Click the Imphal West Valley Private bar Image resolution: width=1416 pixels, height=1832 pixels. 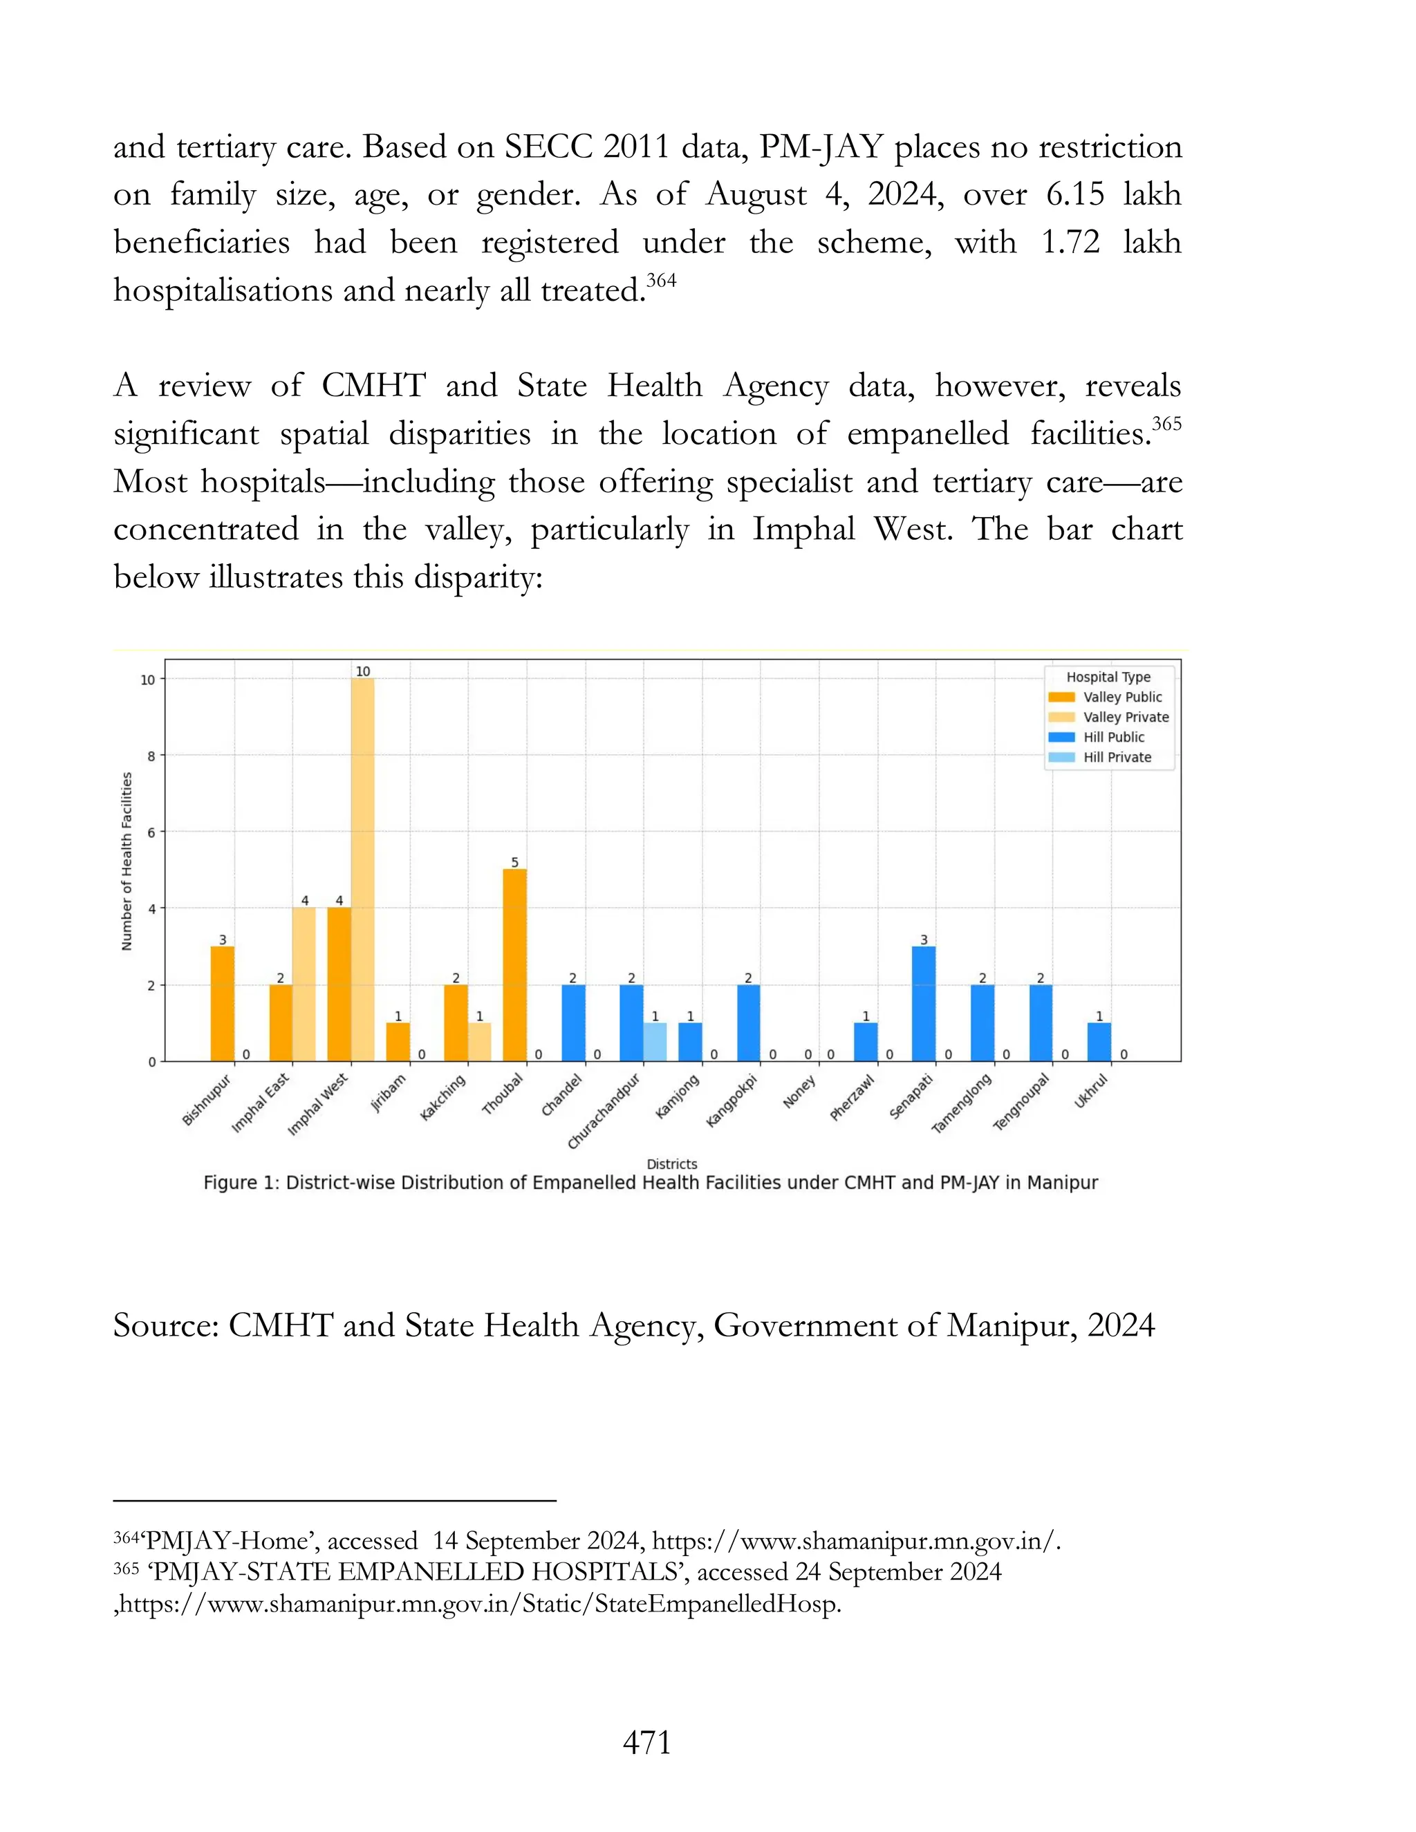click(362, 869)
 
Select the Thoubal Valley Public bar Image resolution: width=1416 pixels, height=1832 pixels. click(515, 964)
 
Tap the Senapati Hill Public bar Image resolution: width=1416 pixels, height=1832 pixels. click(924, 1003)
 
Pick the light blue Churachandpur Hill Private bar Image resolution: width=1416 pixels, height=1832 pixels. click(655, 1042)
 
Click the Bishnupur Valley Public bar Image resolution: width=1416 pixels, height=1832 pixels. click(223, 1003)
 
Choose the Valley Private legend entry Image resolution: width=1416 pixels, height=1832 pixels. click(1125, 716)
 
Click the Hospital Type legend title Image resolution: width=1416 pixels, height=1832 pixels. click(1108, 677)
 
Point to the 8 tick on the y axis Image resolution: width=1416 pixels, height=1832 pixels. click(151, 756)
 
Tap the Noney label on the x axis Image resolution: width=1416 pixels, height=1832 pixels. click(799, 1093)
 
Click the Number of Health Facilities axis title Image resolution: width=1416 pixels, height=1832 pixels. click(127, 861)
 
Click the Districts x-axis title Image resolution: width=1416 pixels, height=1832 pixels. click(672, 1163)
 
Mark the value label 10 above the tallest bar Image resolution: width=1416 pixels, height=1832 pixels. click(362, 671)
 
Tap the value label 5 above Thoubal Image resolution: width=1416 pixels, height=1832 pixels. click(515, 862)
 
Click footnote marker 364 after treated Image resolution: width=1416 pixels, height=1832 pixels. click(661, 280)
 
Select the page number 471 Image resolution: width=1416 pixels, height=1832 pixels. click(646, 1742)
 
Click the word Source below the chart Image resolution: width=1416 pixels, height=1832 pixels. click(165, 1325)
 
